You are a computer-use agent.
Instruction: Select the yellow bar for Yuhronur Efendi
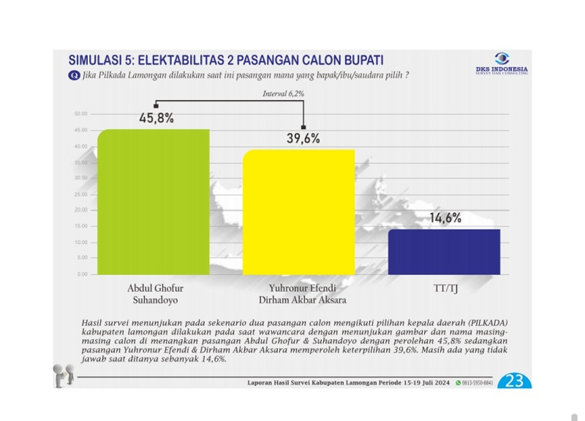298,212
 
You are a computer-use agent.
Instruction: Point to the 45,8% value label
156,119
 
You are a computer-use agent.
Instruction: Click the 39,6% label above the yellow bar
303,139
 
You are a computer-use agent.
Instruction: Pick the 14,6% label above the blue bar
445,218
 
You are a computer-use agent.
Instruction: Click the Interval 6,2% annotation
283,94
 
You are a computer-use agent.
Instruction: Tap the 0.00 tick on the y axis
82,274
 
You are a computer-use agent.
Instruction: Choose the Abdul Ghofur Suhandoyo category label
155,294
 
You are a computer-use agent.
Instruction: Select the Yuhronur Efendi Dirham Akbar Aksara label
302,294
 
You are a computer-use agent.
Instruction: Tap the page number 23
514,381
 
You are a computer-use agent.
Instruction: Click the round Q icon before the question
74,75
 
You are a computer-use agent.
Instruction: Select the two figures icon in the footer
64,375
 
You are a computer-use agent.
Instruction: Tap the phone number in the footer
477,382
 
